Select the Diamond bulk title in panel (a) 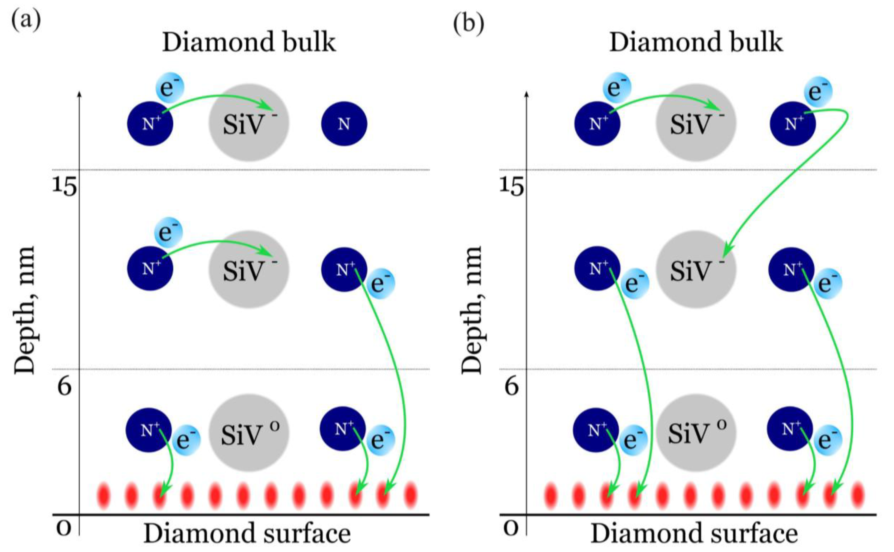point(249,42)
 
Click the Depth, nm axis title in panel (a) point(25,310)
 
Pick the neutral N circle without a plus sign point(344,124)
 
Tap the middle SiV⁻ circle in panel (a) point(249,269)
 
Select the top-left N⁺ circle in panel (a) point(150,124)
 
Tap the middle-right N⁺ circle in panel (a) point(344,269)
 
